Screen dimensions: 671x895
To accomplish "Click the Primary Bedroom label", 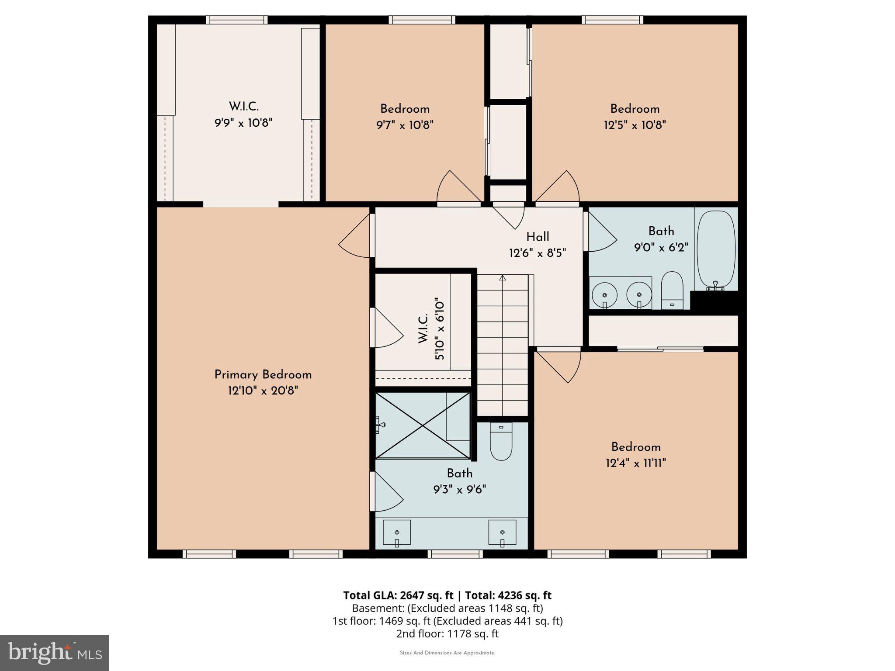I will coord(263,375).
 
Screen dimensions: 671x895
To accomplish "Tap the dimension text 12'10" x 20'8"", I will coord(263,391).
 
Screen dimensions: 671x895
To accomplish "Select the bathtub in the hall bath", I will coord(716,249).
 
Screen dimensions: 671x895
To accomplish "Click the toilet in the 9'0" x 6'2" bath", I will coord(672,289).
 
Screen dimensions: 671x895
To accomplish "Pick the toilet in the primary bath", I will coord(501,441).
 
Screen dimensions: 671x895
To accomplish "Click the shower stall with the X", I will coord(423,425).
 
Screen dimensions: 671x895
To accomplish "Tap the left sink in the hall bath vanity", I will coord(604,293).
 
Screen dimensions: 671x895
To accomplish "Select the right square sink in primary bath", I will coord(502,533).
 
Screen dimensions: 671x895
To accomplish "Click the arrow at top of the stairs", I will coord(503,278).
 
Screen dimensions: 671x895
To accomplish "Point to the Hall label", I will coord(538,237).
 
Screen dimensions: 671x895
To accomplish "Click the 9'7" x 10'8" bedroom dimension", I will coord(405,125).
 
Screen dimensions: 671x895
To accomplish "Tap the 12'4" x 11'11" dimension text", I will coord(635,463).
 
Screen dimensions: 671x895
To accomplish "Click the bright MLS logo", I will coord(54,653).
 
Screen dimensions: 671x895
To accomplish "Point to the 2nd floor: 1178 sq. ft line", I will coord(447,633).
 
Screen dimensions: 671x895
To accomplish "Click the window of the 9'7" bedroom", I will coord(422,20).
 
